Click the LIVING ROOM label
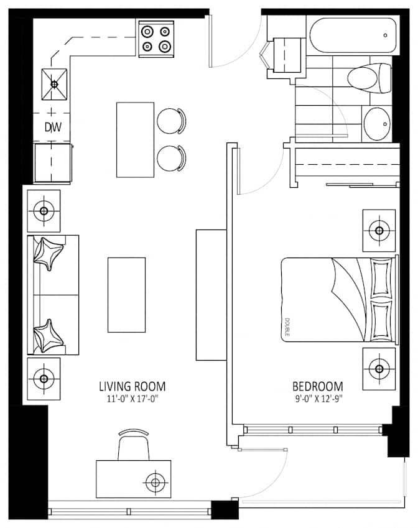click(x=132, y=386)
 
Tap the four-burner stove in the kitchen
click(x=156, y=38)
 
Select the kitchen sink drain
click(x=53, y=84)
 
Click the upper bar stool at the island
click(x=170, y=121)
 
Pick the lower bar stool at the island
click(x=170, y=158)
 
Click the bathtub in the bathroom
click(x=351, y=36)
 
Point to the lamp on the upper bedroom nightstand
click(x=379, y=230)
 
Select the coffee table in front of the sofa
click(x=126, y=295)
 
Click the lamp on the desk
click(x=154, y=481)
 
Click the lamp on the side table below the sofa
click(x=43, y=377)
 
